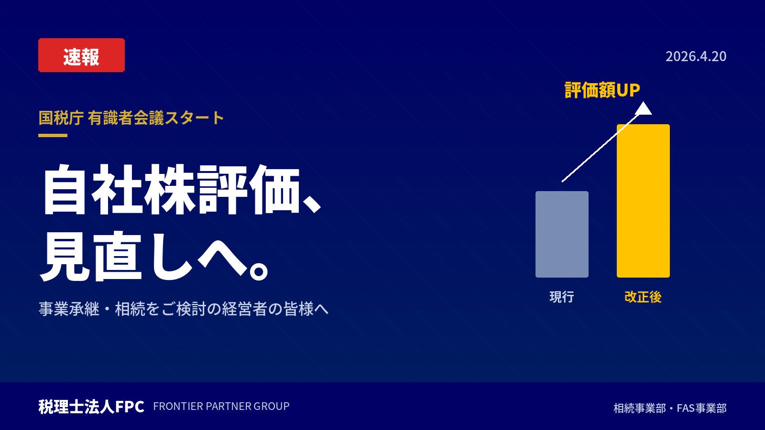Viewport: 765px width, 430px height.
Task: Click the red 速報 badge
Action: click(x=81, y=55)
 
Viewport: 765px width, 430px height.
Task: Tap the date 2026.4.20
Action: click(x=696, y=56)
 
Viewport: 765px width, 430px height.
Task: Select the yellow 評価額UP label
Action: click(x=602, y=90)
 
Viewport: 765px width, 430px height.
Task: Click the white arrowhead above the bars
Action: click(x=644, y=108)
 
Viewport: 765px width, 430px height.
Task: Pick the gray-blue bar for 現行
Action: click(x=562, y=234)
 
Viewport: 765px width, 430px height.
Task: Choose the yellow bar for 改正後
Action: click(x=643, y=201)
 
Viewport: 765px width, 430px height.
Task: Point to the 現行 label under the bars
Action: click(x=562, y=297)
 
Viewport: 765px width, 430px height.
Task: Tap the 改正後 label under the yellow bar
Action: click(x=643, y=297)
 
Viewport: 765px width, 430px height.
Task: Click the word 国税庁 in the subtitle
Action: click(x=61, y=118)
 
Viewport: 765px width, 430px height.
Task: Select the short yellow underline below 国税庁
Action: click(x=53, y=136)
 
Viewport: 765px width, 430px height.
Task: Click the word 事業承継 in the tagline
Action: click(x=69, y=309)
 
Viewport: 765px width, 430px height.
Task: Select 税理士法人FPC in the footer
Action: click(x=91, y=407)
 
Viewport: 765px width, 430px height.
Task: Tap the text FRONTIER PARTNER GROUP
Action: click(x=221, y=406)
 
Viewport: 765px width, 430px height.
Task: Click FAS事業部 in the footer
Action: click(x=702, y=408)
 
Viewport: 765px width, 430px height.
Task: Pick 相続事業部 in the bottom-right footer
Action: click(x=640, y=408)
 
